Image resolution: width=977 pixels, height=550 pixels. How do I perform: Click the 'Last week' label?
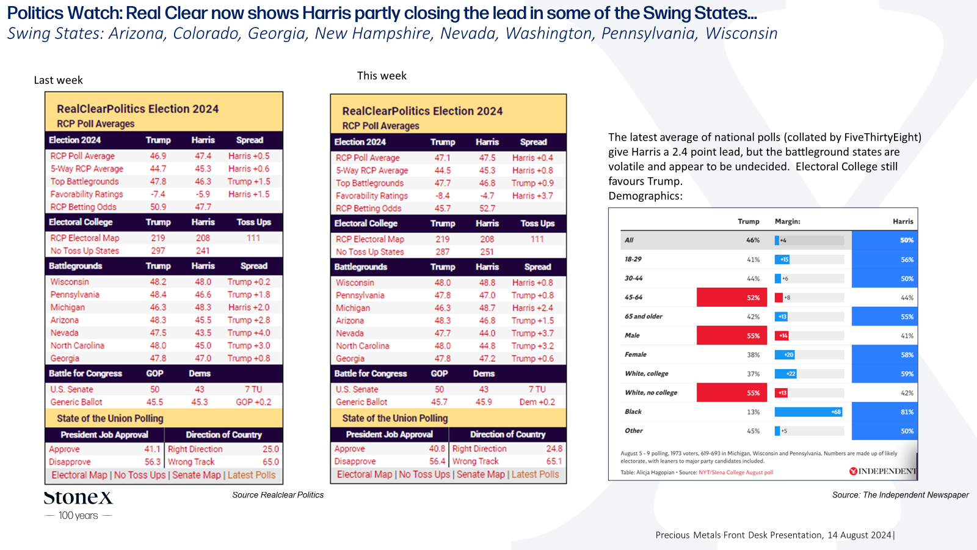click(x=59, y=80)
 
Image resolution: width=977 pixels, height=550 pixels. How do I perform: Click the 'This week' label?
click(x=382, y=76)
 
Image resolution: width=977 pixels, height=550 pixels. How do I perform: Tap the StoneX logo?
click(x=78, y=505)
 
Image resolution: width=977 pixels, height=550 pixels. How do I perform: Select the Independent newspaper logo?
click(x=883, y=471)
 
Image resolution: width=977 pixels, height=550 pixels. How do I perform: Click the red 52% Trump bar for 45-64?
click(x=732, y=297)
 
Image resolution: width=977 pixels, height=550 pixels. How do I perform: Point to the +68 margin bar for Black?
click(x=808, y=412)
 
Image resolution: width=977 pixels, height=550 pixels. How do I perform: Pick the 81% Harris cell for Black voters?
click(x=885, y=412)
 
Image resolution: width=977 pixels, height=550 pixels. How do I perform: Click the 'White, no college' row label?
click(x=651, y=392)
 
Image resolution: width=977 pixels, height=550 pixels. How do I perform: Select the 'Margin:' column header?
click(x=787, y=221)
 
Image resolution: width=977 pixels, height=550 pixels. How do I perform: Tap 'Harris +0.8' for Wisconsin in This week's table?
click(x=532, y=282)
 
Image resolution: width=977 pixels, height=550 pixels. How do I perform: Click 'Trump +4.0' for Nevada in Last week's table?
click(x=249, y=332)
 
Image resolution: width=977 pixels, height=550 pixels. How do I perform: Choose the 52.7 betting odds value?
click(x=487, y=208)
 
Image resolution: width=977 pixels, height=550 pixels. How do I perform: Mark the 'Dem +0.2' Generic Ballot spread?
click(x=537, y=402)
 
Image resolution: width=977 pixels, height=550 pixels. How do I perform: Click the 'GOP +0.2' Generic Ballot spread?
click(x=253, y=402)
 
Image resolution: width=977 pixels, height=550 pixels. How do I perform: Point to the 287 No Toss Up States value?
click(x=442, y=252)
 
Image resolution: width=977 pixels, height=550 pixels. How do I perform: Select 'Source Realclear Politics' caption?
click(x=278, y=494)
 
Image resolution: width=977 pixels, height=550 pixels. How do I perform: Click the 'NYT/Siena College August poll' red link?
click(x=736, y=472)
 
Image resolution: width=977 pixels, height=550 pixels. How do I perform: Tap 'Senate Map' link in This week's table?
click(x=480, y=474)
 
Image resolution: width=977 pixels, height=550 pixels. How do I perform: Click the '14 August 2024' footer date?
click(x=859, y=535)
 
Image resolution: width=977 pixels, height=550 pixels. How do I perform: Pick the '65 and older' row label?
click(x=644, y=316)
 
